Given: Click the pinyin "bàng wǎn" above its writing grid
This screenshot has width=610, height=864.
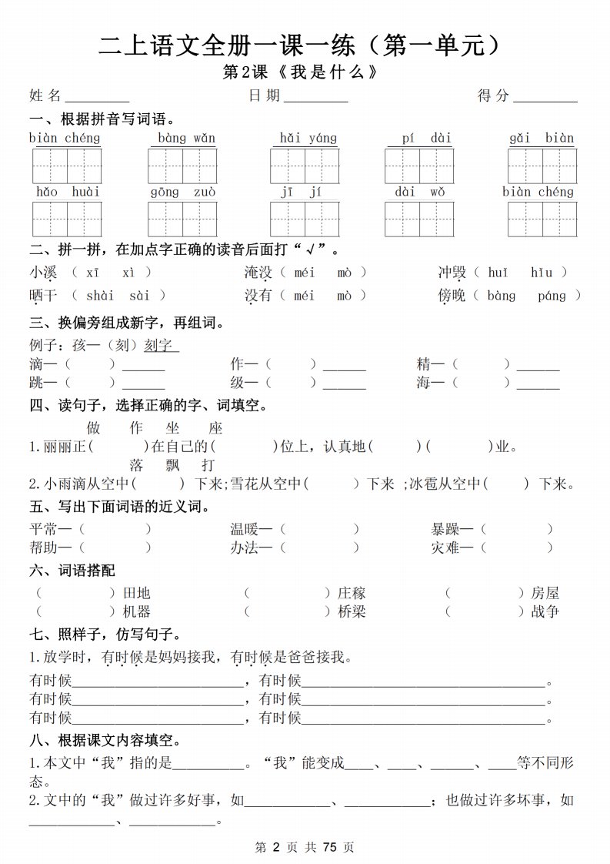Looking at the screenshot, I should (x=186, y=139).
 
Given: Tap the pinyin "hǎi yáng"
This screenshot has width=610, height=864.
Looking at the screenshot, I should (x=308, y=139).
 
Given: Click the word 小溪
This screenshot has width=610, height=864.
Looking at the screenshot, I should (x=43, y=272).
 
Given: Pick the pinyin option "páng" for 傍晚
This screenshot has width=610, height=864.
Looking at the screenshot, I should (x=551, y=295).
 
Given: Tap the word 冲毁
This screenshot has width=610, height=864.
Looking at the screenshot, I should (x=452, y=272).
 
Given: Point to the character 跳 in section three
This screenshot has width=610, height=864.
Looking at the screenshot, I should (x=36, y=382).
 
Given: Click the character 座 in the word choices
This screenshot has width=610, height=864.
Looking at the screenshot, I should (x=215, y=428).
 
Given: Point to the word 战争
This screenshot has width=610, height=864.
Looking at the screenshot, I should (x=545, y=611).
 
